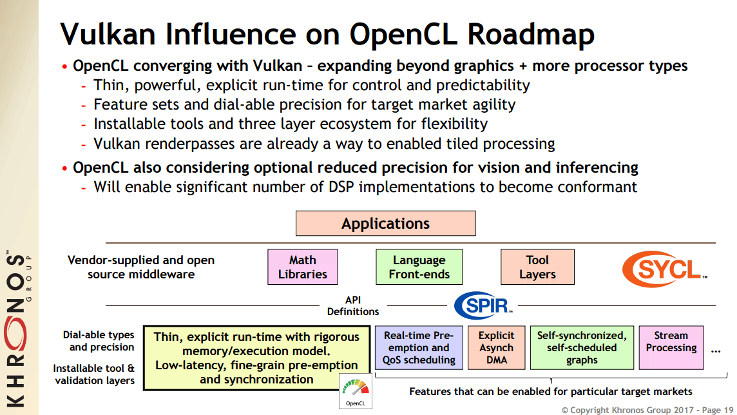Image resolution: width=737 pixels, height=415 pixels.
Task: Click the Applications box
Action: pyautogui.click(x=385, y=223)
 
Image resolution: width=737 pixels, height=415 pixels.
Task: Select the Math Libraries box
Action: pyautogui.click(x=303, y=267)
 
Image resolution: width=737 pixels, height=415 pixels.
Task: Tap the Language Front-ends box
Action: pyautogui.click(x=419, y=267)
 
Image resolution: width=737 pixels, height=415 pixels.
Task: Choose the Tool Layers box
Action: pyautogui.click(x=537, y=267)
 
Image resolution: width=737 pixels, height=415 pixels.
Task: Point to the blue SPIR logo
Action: pyautogui.click(x=483, y=305)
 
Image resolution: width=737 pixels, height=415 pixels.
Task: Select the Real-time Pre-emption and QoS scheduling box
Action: pyautogui.click(x=419, y=348)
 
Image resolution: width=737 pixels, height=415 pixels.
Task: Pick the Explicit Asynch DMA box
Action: pyautogui.click(x=496, y=348)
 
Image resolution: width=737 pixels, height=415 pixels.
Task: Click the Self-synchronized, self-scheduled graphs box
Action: pyautogui.click(x=582, y=348)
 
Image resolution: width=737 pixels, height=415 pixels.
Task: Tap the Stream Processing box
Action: pyautogui.click(x=671, y=348)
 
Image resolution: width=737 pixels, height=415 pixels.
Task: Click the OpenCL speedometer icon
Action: pyautogui.click(x=356, y=391)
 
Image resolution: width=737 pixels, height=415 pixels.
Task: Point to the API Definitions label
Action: pyautogui.click(x=353, y=305)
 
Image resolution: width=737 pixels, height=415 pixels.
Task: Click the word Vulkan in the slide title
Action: pyautogui.click(x=108, y=34)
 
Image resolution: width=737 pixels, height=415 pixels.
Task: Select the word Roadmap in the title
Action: pyautogui.click(x=531, y=35)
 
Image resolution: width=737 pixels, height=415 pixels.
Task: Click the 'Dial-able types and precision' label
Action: pyautogui.click(x=99, y=341)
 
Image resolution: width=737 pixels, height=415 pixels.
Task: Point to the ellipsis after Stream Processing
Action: pyautogui.click(x=716, y=352)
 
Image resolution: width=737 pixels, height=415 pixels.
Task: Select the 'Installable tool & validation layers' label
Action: pyautogui.click(x=94, y=374)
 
